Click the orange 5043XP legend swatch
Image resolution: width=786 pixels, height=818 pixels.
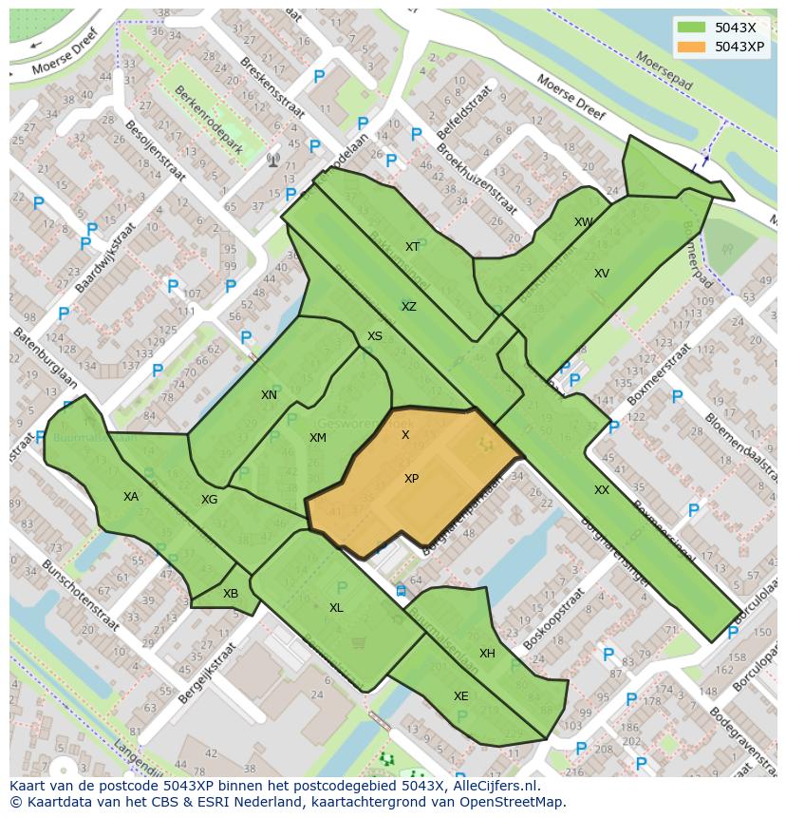pos(692,47)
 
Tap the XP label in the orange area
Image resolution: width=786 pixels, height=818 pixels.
pos(411,479)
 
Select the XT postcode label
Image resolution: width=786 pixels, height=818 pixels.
pos(412,247)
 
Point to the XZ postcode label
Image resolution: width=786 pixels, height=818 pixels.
pos(408,307)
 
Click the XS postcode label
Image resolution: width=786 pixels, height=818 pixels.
pos(375,336)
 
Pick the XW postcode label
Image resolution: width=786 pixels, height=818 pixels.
pos(583,222)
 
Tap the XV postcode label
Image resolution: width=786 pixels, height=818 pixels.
pos(601,274)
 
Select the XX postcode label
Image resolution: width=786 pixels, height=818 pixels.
pos(602,490)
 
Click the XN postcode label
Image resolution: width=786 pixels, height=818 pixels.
pos(269,395)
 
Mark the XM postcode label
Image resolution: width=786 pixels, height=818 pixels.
pos(317,438)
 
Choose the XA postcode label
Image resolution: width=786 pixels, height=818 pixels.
pos(131,497)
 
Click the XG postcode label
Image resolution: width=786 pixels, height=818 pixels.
pos(209,500)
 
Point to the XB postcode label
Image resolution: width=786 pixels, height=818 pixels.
pos(231,594)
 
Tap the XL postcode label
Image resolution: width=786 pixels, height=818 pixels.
pos(336,608)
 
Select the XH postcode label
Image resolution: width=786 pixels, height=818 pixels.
pos(487,654)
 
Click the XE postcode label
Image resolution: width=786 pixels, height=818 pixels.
pos(460,696)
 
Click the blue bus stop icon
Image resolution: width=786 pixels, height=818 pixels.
pos(401,590)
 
